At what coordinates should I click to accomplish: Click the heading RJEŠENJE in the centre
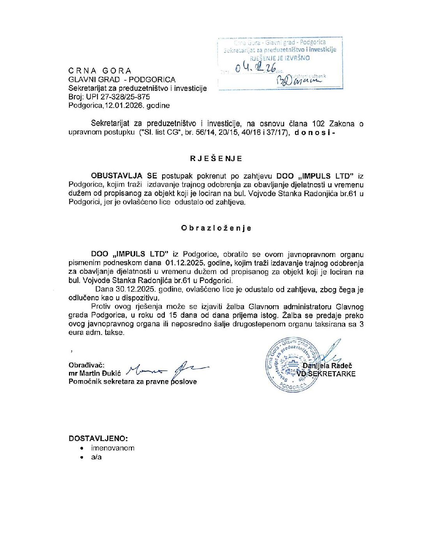216,158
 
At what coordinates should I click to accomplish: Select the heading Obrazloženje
216,228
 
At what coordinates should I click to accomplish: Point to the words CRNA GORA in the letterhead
100,71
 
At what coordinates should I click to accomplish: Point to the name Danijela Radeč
327,365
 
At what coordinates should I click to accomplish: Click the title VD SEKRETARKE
327,374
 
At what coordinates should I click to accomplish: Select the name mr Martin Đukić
95,374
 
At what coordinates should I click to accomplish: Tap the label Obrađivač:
87,365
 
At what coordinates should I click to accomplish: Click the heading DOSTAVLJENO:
98,438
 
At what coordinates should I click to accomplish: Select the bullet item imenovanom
113,448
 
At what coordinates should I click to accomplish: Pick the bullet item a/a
96,457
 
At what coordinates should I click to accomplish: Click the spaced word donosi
314,132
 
